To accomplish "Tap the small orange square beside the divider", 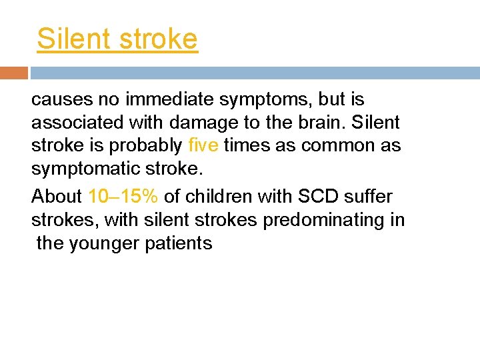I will coord(14,73).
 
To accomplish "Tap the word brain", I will coord(322,123).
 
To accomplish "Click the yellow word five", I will coord(203,146).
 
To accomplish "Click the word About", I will coord(57,197).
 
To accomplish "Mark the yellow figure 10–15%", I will coord(123,197).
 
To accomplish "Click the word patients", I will coord(181,243).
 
